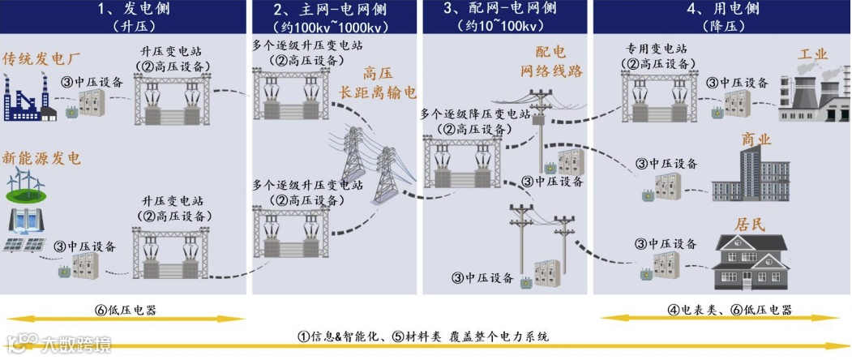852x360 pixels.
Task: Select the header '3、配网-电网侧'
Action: click(x=500, y=10)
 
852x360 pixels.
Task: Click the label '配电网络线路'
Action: click(x=551, y=61)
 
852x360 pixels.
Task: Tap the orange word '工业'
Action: click(x=813, y=55)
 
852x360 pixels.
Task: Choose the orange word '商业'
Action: click(x=756, y=139)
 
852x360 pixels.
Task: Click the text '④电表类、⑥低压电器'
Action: click(x=730, y=311)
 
